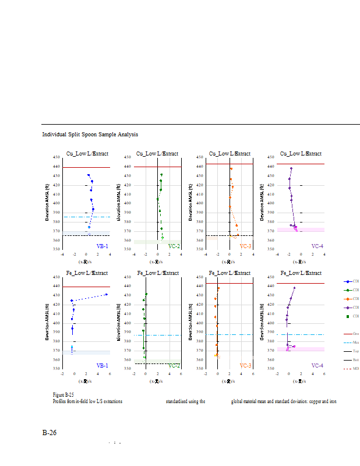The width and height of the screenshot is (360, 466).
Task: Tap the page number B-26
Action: tap(50, 433)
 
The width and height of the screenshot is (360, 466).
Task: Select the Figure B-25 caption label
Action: tap(63, 395)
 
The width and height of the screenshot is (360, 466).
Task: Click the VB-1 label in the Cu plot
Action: tap(102, 246)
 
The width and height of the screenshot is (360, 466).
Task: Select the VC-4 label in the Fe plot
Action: tap(317, 365)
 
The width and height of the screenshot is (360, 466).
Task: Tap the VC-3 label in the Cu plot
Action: tap(245, 246)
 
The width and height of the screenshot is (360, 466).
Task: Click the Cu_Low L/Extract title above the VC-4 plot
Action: tap(301, 154)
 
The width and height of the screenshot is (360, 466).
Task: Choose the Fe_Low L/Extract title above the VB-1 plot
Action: tap(87, 273)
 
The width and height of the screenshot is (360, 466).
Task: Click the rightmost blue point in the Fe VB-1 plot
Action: tap(107, 294)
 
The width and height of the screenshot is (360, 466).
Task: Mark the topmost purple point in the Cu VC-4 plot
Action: tap(291, 168)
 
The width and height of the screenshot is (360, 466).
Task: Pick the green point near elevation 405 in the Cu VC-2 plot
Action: tap(158, 199)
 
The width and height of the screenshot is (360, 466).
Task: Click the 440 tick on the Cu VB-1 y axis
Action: tap(57, 167)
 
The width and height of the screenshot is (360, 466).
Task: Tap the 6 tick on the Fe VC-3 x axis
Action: tap(253, 373)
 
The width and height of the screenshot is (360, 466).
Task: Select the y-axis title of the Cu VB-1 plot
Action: tap(48, 203)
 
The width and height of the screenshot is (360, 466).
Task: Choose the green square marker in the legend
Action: tap(348, 316)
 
